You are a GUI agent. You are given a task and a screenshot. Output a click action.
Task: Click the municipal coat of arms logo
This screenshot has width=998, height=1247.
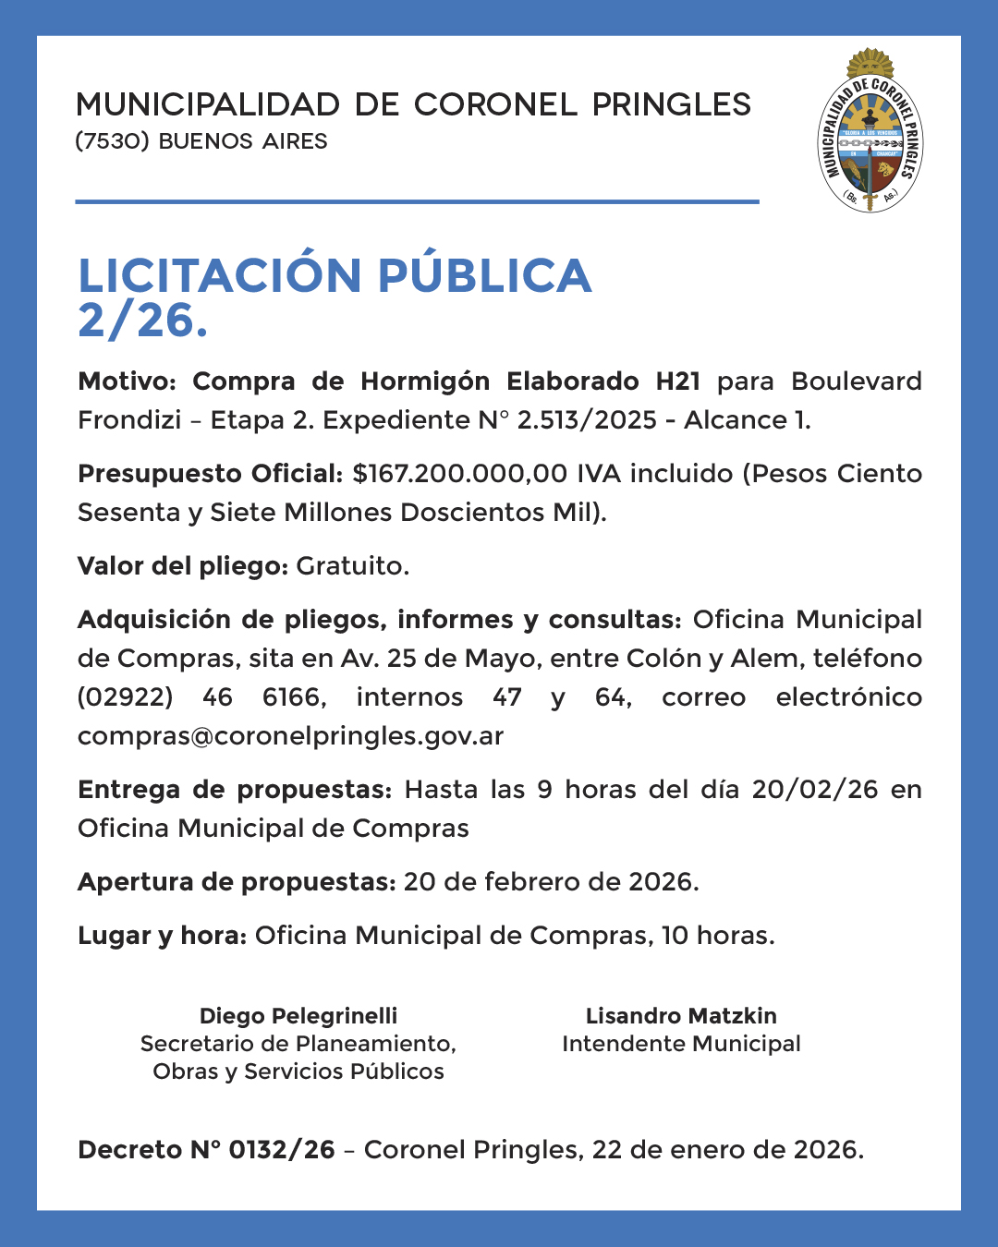(870, 131)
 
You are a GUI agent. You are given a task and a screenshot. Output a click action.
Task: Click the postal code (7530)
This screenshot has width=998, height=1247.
(112, 141)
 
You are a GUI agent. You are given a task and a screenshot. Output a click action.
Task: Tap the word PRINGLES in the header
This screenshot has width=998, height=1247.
(672, 104)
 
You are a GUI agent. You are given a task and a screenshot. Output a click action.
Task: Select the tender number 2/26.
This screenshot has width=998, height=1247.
(142, 321)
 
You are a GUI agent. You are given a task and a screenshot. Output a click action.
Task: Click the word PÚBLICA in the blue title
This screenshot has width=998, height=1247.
(484, 275)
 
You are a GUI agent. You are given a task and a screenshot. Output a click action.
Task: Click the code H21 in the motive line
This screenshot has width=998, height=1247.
(677, 381)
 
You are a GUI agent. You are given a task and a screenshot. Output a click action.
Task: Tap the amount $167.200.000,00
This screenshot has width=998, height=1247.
(460, 474)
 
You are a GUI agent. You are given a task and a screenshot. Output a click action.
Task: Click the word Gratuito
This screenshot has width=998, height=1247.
(352, 566)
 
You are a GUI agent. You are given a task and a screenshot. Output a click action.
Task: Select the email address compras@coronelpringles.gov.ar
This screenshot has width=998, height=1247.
(290, 736)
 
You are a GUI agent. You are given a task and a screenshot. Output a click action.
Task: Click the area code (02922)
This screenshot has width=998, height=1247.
(126, 697)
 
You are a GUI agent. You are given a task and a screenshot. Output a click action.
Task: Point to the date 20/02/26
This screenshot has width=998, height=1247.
(815, 790)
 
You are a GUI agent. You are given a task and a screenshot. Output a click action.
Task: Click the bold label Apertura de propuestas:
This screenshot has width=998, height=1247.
(237, 882)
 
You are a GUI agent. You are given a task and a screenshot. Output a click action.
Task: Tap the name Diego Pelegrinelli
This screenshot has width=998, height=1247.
(298, 1016)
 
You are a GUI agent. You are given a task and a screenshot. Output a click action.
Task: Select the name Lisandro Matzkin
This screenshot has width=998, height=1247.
(681, 1016)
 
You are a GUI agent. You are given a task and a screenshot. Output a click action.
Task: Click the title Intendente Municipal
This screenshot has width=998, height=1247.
(681, 1044)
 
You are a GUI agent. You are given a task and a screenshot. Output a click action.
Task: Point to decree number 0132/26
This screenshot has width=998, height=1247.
(281, 1150)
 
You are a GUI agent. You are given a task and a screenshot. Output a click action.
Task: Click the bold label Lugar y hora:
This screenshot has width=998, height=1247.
(162, 936)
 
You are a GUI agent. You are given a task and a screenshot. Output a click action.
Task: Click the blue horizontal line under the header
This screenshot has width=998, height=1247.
(417, 201)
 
